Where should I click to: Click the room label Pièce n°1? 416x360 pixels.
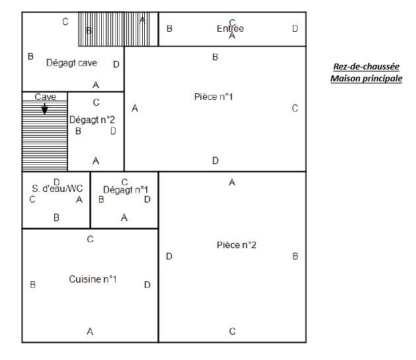tap(214, 97)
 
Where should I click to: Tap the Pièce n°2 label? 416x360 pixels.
tap(236, 245)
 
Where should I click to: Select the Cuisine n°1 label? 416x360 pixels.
tap(93, 279)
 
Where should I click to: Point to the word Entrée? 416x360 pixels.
tap(230, 28)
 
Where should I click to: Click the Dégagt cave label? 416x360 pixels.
tap(71, 63)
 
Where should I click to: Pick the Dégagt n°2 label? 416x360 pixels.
tap(92, 120)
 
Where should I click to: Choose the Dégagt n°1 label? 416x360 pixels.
tap(126, 190)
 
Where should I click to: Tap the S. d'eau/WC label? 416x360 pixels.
tap(58, 189)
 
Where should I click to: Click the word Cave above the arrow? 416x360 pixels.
tap(45, 97)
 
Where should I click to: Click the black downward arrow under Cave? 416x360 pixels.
tap(45, 109)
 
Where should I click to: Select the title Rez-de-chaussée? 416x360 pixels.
tap(366, 66)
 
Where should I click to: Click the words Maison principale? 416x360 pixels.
tap(366, 79)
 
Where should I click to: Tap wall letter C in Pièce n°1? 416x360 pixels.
tap(295, 109)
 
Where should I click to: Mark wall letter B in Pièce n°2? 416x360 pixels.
tap(295, 256)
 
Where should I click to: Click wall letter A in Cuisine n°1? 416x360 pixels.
tap(90, 332)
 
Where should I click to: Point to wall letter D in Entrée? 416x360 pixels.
tap(295, 28)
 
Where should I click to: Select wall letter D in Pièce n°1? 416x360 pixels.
tap(215, 160)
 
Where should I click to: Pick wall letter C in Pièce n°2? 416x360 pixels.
tap(232, 332)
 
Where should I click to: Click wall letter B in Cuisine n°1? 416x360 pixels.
tap(32, 285)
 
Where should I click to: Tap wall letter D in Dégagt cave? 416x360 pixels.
tap(116, 64)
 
